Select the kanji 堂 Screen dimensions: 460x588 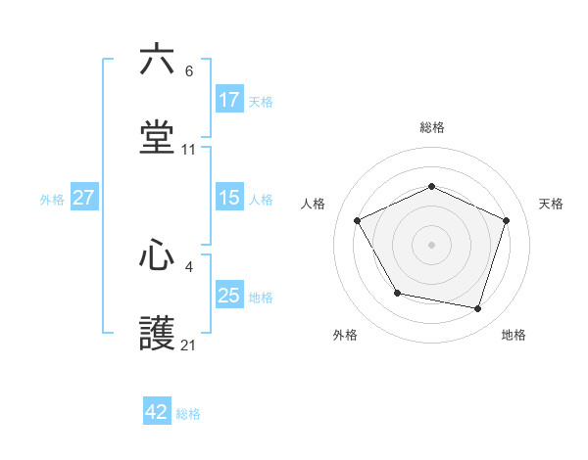pos(157,137)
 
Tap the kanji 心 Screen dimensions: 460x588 pos(157,255)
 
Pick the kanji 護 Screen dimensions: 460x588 pos(157,333)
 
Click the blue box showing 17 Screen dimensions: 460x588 pos(229,100)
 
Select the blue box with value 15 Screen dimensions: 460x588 pos(229,198)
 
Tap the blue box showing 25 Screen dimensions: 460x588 pos(229,297)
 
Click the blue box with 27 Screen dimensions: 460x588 pos(84,198)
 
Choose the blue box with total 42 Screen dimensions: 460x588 pos(157,412)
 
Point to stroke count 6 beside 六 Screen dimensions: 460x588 pos(189,70)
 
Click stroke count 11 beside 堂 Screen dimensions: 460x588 pos(189,150)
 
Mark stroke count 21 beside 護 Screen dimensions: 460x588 pos(189,345)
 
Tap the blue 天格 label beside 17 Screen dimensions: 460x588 pos(261,101)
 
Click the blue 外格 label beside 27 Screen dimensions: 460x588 pos(52,199)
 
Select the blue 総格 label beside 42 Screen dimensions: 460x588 pos(188,413)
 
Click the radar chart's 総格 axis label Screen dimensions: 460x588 pos(432,127)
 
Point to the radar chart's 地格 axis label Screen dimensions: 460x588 pos(514,335)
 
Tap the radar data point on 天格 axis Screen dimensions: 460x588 pos(507,220)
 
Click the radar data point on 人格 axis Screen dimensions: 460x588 pos(358,220)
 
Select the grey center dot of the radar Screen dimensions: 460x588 pos(432,244)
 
